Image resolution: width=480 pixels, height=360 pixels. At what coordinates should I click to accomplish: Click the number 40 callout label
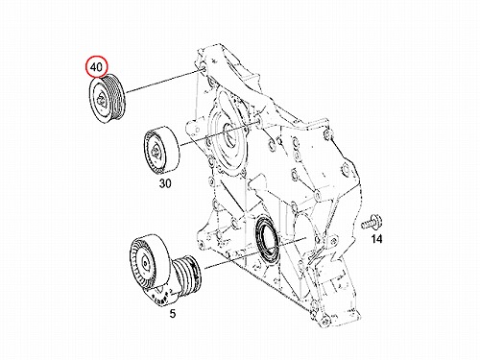tap(96, 67)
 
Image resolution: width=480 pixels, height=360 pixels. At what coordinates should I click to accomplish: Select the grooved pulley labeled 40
tap(108, 98)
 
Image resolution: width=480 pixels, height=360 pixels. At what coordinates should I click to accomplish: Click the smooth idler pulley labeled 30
tap(161, 151)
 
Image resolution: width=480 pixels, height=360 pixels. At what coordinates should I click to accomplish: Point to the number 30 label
tap(165, 183)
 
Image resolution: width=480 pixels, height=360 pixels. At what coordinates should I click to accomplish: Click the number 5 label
tap(173, 314)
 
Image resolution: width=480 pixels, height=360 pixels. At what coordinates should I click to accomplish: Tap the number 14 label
tap(376, 239)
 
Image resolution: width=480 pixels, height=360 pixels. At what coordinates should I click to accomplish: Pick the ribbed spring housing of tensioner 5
tap(189, 274)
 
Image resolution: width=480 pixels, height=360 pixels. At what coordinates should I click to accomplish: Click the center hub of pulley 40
tap(101, 100)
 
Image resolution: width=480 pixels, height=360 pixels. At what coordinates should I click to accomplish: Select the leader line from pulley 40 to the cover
tap(163, 82)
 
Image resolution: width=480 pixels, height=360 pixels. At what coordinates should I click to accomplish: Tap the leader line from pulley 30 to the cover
tap(219, 133)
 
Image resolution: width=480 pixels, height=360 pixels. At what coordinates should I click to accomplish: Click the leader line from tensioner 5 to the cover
tap(255, 252)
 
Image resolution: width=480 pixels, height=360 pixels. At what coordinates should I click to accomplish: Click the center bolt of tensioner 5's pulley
tap(146, 263)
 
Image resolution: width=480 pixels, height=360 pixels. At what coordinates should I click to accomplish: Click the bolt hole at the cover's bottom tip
tap(324, 321)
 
